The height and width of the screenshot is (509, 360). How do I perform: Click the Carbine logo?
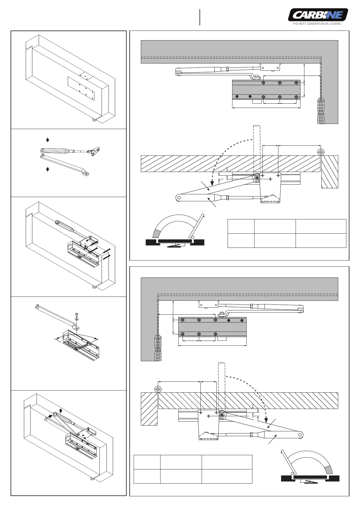click(318, 15)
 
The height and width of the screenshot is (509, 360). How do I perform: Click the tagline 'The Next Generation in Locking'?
click(316, 24)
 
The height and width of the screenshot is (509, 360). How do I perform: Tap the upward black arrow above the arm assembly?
click(47, 140)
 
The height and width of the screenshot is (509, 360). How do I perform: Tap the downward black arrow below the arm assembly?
click(47, 169)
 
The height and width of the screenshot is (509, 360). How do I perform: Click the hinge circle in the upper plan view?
click(321, 151)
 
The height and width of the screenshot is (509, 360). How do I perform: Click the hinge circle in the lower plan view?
click(158, 389)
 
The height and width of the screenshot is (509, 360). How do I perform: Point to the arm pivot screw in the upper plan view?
click(257, 178)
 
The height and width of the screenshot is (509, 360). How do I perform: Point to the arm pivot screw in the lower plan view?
click(222, 415)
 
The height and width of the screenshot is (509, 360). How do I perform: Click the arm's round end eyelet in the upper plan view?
click(179, 198)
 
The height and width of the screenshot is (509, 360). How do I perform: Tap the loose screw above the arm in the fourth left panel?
click(76, 315)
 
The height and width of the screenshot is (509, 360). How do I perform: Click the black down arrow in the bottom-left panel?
click(61, 411)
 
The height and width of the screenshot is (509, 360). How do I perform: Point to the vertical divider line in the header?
click(200, 17)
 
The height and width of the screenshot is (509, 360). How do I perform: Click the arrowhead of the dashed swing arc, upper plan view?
click(212, 182)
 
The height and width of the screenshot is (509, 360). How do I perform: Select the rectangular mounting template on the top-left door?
click(81, 88)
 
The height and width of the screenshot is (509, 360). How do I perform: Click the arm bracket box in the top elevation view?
click(270, 67)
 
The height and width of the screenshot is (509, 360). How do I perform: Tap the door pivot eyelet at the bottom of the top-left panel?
click(94, 120)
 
